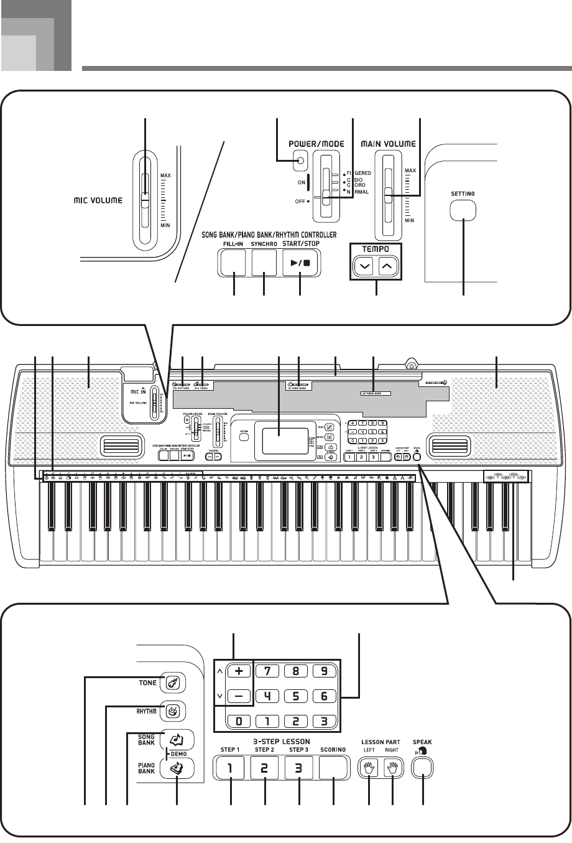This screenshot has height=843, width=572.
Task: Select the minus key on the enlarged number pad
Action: pos(239,695)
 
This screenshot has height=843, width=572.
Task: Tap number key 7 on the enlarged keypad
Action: pos(267,673)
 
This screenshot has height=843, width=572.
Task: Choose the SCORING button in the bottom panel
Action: pos(334,768)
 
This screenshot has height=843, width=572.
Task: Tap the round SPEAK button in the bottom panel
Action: pos(423,767)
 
